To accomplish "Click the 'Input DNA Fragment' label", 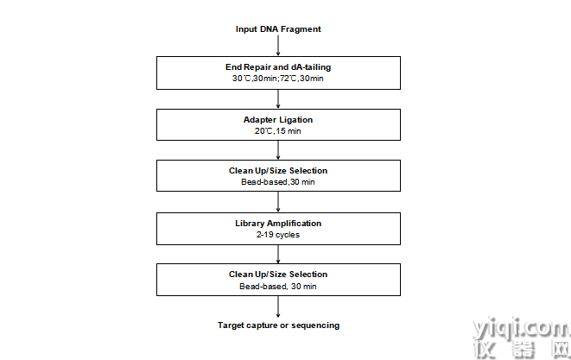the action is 278,29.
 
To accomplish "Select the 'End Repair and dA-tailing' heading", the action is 278,67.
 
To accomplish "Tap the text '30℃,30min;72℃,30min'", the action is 278,79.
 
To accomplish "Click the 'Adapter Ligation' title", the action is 278,120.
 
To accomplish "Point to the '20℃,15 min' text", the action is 278,131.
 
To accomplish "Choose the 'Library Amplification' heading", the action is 278,223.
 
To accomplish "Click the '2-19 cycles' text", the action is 278,235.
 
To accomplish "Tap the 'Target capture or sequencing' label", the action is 278,325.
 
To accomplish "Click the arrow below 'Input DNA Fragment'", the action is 278,46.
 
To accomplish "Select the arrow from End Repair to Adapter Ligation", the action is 278,99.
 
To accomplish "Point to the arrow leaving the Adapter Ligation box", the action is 278,150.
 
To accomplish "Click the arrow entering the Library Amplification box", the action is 278,202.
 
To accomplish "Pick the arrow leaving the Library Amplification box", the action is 278,254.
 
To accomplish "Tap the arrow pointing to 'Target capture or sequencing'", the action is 278,306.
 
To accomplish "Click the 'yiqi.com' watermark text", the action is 522,328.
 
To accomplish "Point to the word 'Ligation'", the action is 296,120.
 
